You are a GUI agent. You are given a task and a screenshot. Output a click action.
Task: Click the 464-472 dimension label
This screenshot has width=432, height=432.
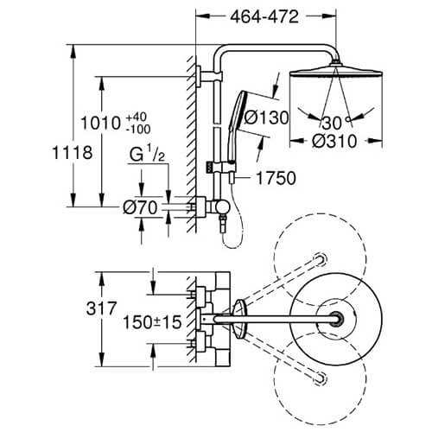click(264, 17)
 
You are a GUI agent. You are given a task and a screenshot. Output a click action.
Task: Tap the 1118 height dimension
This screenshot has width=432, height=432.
click(73, 153)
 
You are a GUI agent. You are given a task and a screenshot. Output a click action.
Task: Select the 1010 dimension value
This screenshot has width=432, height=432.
click(100, 124)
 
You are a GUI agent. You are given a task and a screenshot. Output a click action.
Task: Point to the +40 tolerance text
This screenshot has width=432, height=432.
click(137, 118)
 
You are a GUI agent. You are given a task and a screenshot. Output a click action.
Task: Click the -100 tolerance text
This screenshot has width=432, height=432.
click(138, 130)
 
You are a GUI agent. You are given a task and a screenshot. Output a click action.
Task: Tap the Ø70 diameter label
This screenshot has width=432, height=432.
click(140, 207)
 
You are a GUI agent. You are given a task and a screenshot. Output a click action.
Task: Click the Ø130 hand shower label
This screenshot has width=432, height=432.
click(266, 118)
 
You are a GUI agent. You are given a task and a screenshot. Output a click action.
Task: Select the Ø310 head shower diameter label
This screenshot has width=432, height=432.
click(334, 142)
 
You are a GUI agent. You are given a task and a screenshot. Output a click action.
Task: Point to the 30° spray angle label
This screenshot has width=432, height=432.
click(336, 123)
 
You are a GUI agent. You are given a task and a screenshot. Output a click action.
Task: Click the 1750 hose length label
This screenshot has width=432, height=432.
click(276, 178)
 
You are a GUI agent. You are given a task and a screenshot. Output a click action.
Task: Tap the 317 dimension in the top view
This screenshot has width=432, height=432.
click(102, 308)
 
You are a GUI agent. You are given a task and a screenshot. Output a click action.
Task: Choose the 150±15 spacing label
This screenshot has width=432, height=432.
click(152, 322)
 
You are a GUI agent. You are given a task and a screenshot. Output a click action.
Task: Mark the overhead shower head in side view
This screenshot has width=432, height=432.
click(336, 70)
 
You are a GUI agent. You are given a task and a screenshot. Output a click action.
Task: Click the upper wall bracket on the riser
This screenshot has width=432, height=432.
click(209, 76)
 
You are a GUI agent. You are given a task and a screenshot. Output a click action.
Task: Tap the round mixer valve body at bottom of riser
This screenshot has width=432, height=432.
click(223, 206)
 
